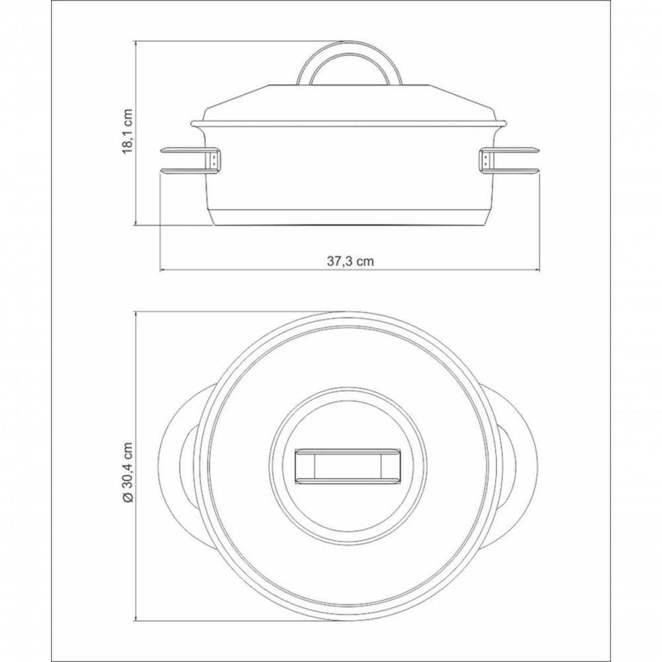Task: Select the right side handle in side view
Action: (516, 160)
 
